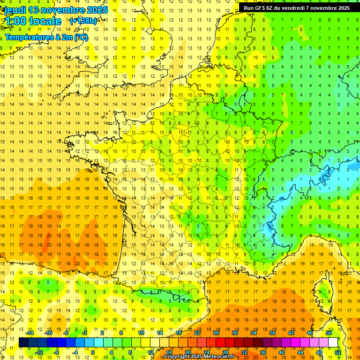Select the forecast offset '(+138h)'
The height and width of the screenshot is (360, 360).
point(83,21)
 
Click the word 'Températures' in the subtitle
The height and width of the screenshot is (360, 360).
point(27,37)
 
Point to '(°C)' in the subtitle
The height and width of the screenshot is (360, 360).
point(81,37)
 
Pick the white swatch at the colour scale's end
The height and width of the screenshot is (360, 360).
point(333,343)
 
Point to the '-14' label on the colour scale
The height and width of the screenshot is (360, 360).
point(29,333)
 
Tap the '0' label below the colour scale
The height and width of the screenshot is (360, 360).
point(93,352)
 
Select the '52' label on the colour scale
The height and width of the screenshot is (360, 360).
point(338,352)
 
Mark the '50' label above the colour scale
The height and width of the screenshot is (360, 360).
point(329,333)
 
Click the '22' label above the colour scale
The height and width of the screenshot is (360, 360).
point(197,333)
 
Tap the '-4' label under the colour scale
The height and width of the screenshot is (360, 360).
point(75,352)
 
